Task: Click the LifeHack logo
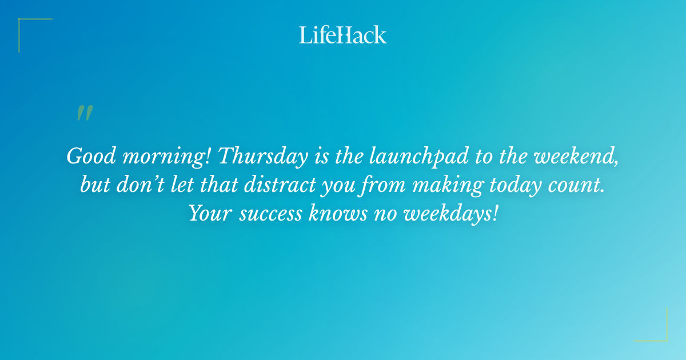[x=343, y=35]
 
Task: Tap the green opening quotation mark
[x=85, y=113]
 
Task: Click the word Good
[x=90, y=156]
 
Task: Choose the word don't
[x=135, y=185]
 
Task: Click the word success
[x=272, y=214]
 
